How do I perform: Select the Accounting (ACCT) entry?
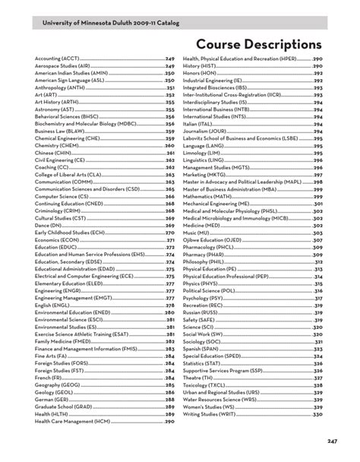point(56,59)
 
